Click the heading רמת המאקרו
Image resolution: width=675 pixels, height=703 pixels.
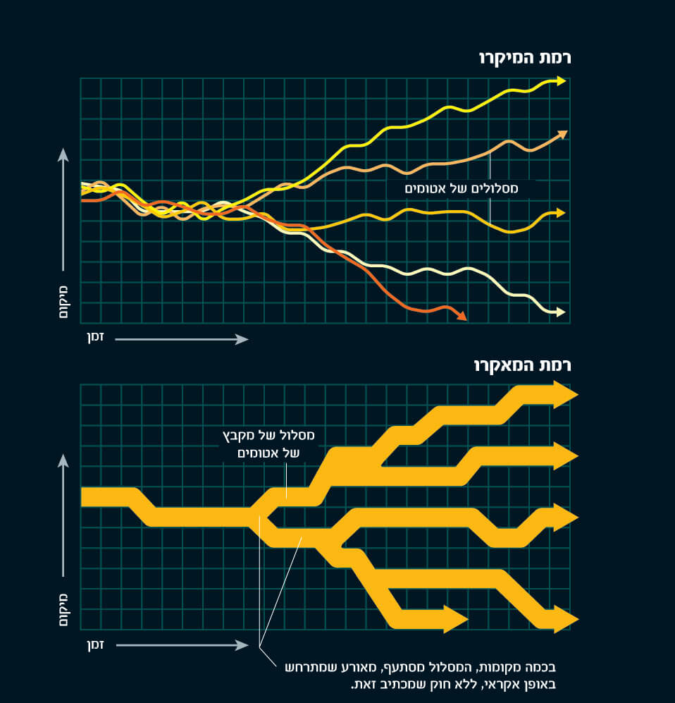[x=522, y=365]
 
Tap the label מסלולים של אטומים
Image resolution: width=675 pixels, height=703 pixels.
[x=462, y=189]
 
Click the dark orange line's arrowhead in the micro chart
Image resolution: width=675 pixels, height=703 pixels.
[x=462, y=317]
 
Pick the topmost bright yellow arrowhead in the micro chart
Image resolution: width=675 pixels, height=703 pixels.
[x=561, y=81]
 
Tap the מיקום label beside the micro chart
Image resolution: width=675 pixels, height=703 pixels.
[x=63, y=301]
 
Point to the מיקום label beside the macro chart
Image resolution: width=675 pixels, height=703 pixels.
[x=63, y=607]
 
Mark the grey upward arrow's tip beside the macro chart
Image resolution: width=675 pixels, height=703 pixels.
[x=63, y=458]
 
